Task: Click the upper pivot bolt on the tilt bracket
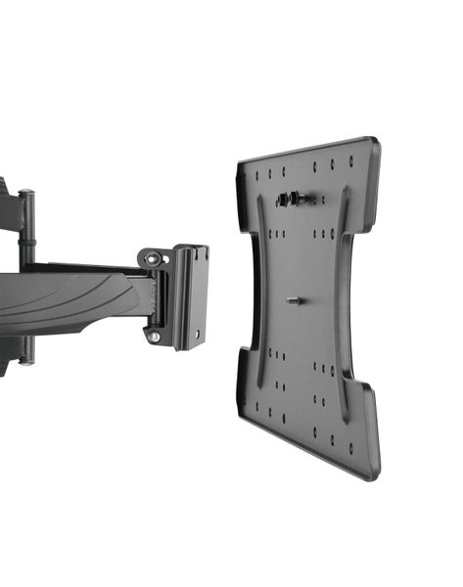[153, 258]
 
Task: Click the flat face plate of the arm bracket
[192, 293]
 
